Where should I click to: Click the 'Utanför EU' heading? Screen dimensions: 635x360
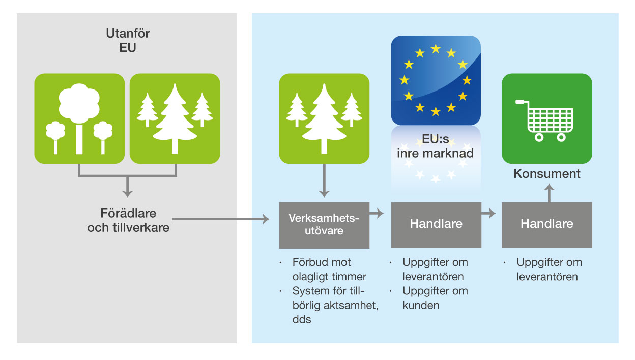pyautogui.click(x=128, y=40)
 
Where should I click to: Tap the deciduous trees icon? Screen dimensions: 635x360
pyautogui.click(x=79, y=118)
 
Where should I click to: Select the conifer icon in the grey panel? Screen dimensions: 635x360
pyautogui.click(x=175, y=118)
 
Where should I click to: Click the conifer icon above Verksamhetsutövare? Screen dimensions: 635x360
pyautogui.click(x=324, y=118)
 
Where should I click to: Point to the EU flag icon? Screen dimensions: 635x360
pyautogui.click(x=436, y=80)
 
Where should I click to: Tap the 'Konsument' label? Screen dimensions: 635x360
pyautogui.click(x=547, y=173)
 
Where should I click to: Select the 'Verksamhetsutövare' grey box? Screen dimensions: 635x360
pyautogui.click(x=324, y=225)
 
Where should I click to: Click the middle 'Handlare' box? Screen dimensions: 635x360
pyautogui.click(x=436, y=225)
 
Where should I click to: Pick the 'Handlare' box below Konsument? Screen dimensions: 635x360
pyautogui.click(x=547, y=225)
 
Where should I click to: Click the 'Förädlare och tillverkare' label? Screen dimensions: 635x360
pyautogui.click(x=128, y=220)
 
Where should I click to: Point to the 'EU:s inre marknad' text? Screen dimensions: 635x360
pyautogui.click(x=436, y=146)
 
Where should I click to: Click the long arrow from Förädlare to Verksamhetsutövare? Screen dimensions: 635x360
pyautogui.click(x=220, y=219)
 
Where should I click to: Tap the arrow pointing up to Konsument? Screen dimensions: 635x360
pyautogui.click(x=550, y=193)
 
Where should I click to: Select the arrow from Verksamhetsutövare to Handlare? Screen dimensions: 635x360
pyautogui.click(x=377, y=213)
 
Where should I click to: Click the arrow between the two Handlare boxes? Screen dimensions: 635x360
pyautogui.click(x=488, y=213)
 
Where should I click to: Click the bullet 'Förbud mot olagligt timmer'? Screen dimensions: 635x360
pyautogui.click(x=329, y=269)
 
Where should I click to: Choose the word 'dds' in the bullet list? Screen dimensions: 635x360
pyautogui.click(x=302, y=319)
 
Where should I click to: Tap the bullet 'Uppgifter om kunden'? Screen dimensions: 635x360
pyautogui.click(x=435, y=298)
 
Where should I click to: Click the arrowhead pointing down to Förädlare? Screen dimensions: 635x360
pyautogui.click(x=128, y=194)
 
